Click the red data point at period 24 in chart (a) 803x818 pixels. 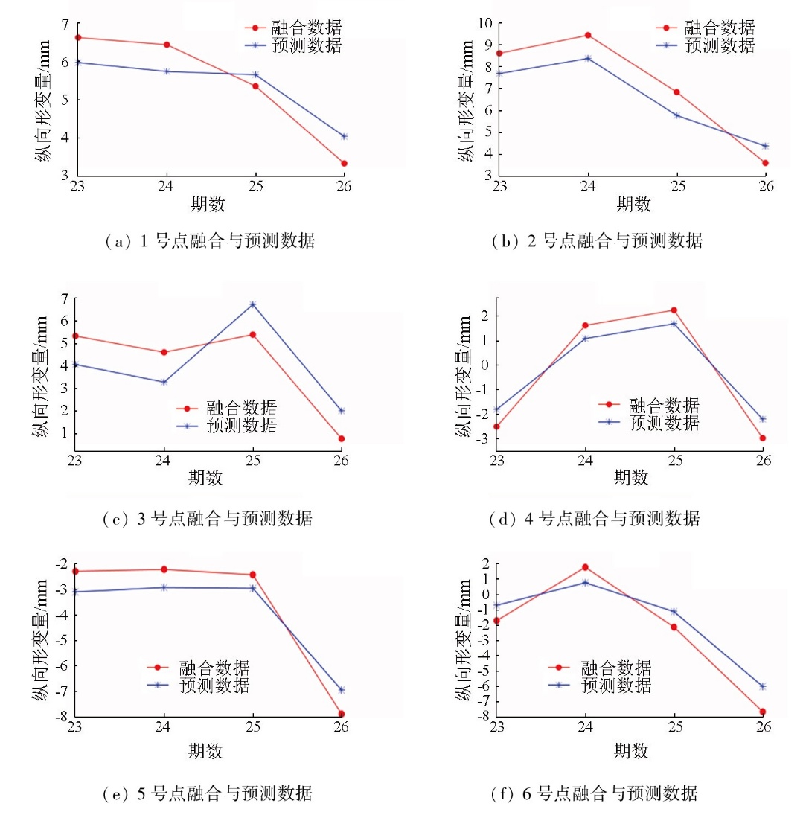167,45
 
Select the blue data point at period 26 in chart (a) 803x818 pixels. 344,136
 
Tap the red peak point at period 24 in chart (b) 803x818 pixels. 588,35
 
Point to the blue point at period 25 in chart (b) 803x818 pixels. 676,115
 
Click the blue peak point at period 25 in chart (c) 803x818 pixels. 252,304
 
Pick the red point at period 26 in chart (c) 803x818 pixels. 342,438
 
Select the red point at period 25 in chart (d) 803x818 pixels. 674,310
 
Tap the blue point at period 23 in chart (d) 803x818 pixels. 496,409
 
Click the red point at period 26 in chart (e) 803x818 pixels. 342,714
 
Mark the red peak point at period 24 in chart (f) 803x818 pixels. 585,567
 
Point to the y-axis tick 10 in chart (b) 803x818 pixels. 484,23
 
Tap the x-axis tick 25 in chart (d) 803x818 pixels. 674,459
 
